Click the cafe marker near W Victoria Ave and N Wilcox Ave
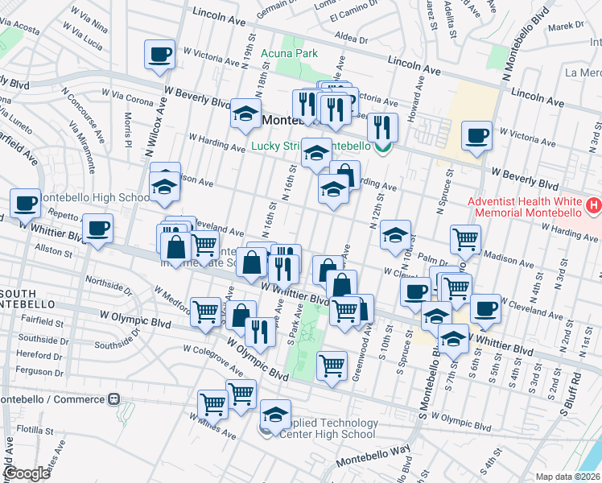[x=159, y=56]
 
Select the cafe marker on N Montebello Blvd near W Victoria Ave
[x=476, y=135]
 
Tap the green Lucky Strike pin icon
[x=384, y=147]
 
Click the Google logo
[x=27, y=473]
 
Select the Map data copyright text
[x=567, y=477]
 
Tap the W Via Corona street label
[x=127, y=101]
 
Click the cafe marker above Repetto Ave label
[x=25, y=203]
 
